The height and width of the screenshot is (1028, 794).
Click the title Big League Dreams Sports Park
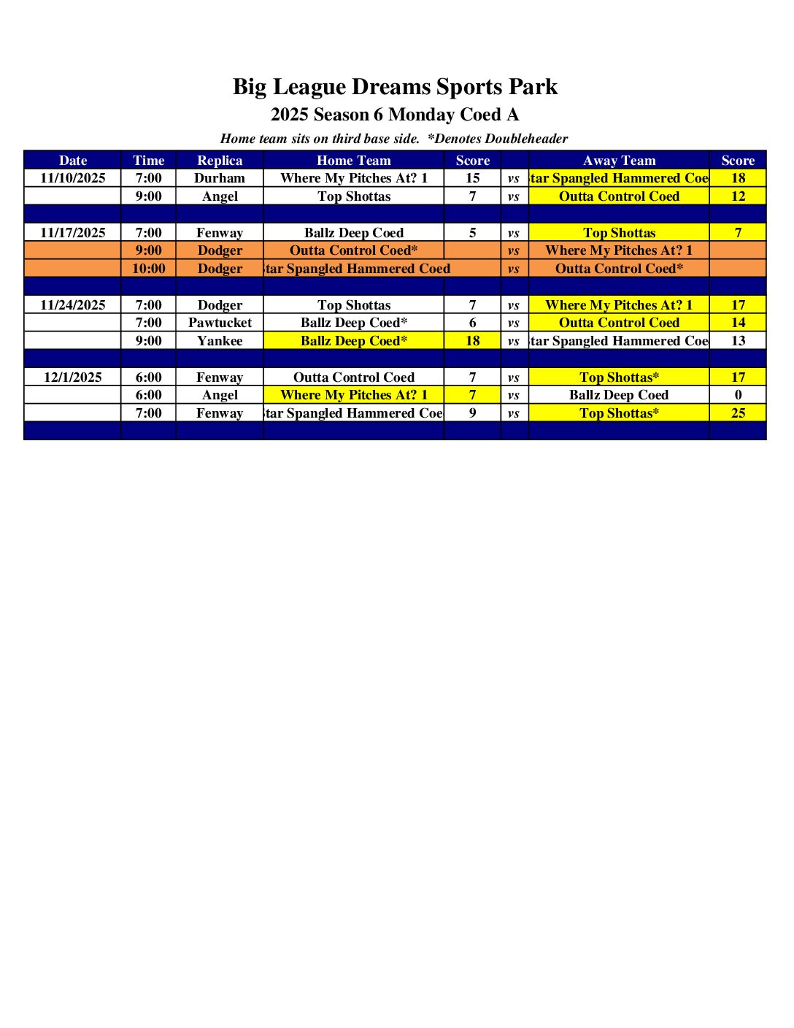(x=395, y=87)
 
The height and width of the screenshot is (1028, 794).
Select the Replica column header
(x=220, y=161)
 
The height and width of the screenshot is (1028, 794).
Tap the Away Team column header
(x=619, y=161)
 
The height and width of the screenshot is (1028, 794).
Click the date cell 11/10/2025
(x=73, y=178)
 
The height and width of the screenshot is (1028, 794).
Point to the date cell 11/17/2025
(x=73, y=233)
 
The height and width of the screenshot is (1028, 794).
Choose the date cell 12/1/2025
(x=73, y=377)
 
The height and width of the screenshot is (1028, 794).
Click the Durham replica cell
(x=220, y=178)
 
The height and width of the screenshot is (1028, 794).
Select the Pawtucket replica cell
(x=220, y=323)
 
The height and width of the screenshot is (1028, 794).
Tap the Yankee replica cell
(x=220, y=341)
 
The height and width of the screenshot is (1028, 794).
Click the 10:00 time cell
(x=149, y=269)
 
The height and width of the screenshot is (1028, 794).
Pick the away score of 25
(x=738, y=413)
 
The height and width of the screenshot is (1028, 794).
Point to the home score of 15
(x=473, y=178)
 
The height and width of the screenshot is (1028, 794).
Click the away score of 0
(x=738, y=395)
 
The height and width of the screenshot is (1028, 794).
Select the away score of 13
(x=738, y=341)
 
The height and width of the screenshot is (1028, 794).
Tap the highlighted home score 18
(x=473, y=341)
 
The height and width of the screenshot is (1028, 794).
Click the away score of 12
(x=738, y=196)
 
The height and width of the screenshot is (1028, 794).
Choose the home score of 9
(x=473, y=413)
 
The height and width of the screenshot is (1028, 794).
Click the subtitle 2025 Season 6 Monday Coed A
(x=395, y=115)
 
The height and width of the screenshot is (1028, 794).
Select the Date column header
(x=73, y=161)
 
